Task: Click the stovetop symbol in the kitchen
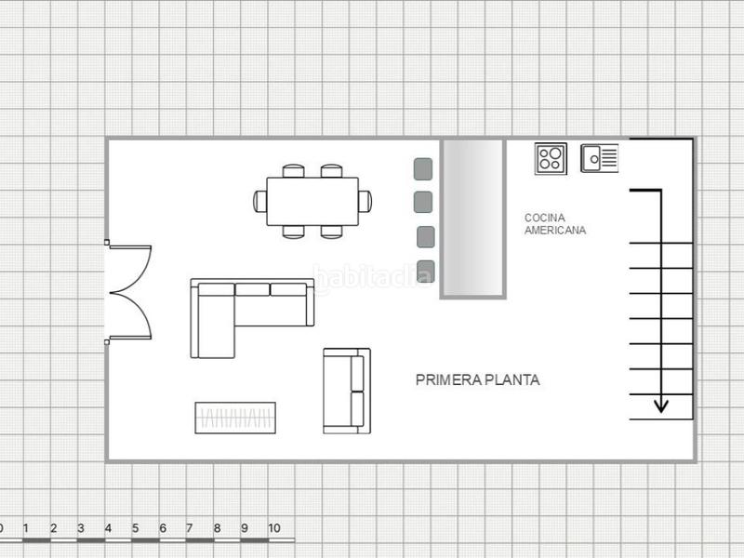click(551, 158)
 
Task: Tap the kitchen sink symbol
click(600, 158)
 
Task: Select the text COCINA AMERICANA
click(555, 223)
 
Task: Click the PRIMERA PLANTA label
click(477, 379)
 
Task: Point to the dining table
click(312, 201)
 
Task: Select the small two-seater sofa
click(346, 391)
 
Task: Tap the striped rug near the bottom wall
click(236, 418)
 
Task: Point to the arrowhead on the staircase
click(660, 405)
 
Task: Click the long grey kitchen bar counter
click(473, 219)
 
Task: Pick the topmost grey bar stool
click(423, 169)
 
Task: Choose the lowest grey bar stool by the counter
click(426, 272)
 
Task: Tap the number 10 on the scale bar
click(274, 528)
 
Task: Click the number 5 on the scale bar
click(135, 528)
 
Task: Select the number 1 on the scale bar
click(26, 528)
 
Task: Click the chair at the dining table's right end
click(365, 200)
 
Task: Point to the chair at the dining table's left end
click(259, 200)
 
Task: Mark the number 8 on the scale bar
click(217, 528)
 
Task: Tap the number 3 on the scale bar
click(80, 528)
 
